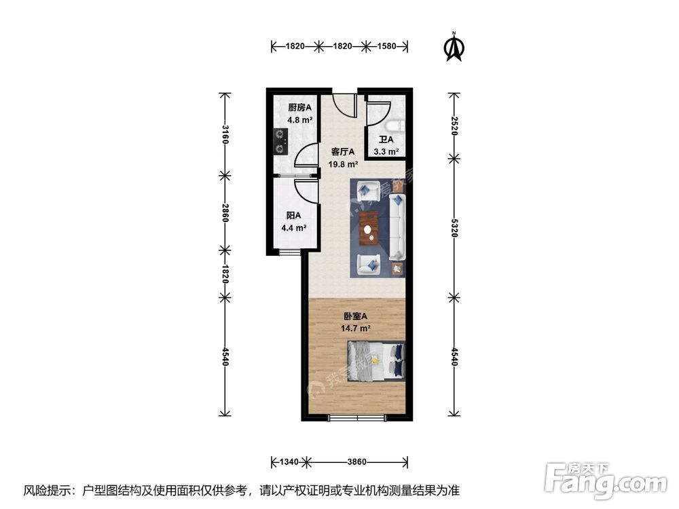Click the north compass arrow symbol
(x=454, y=47)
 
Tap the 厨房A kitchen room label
(x=299, y=107)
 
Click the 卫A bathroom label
(x=386, y=140)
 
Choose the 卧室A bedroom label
(x=355, y=316)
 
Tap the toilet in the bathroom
(x=398, y=126)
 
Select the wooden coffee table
(x=369, y=227)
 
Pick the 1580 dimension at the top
(x=386, y=47)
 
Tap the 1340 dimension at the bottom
(x=289, y=462)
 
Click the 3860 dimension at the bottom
(x=357, y=462)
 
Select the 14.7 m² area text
(x=355, y=328)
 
